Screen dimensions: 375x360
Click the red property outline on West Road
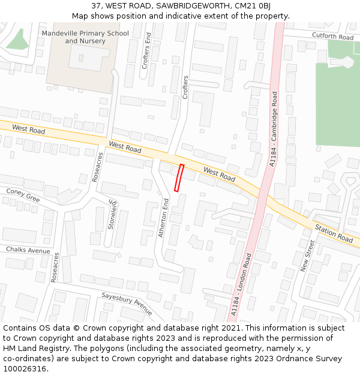179,178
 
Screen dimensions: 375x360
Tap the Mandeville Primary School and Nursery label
85,37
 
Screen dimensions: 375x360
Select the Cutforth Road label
333,37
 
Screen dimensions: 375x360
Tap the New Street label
307,256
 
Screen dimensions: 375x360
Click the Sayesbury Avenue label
127,302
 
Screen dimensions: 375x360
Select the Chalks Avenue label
28,250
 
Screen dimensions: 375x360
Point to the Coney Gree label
23,194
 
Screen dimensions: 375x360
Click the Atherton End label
163,218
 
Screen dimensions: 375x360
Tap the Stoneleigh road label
112,214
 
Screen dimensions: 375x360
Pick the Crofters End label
145,50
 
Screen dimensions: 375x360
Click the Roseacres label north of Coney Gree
98,167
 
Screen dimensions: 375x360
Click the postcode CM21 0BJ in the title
253,5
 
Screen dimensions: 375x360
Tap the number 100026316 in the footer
25,368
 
